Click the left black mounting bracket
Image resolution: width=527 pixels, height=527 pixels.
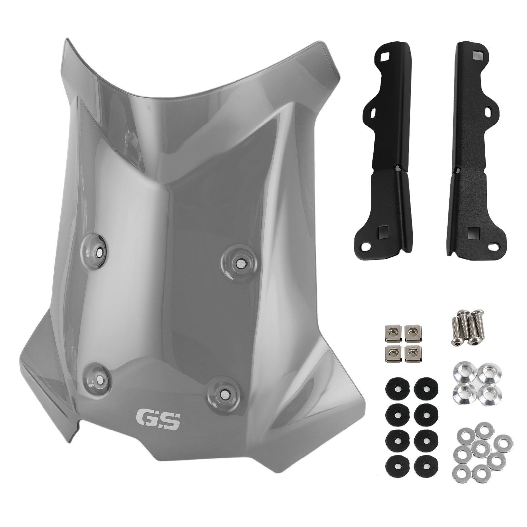click(389, 148)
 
